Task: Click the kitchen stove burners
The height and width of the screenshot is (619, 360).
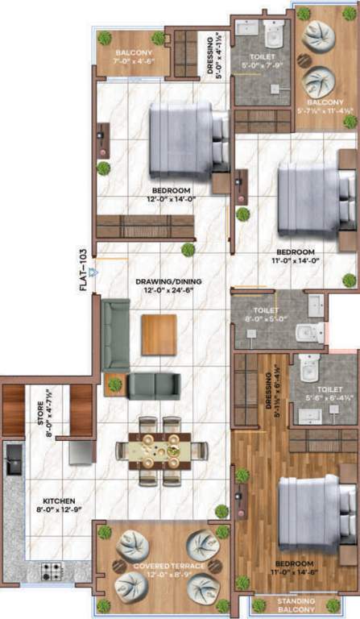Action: pos(52,570)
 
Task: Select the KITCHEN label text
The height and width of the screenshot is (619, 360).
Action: pos(48,501)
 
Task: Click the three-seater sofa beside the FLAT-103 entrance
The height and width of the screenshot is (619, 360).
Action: pos(116,334)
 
